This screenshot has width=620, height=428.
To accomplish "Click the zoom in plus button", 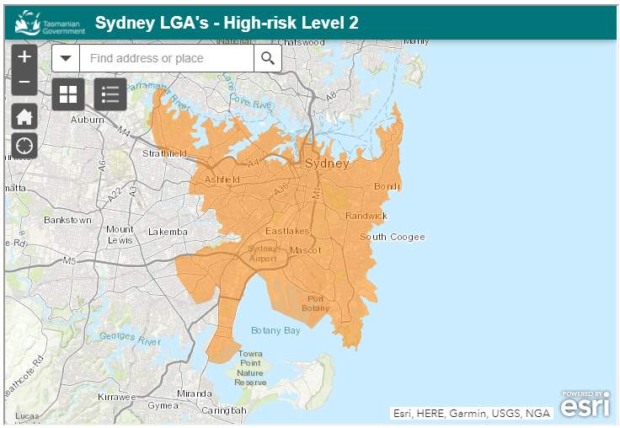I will coord(24,57).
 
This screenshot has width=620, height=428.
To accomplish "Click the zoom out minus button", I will coord(24,83).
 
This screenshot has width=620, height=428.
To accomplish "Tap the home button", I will coord(24,117).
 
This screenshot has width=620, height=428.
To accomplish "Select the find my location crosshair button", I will coord(24,145).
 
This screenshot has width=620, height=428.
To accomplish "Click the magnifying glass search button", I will coord(268,58).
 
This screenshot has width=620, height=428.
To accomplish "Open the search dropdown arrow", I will coord(66,58).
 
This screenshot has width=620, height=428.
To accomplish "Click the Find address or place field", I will coord(167,58).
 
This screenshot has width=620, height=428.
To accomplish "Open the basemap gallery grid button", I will coord(68,94).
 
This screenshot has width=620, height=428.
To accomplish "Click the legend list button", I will coord(110,94).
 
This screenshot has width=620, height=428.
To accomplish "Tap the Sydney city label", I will coord(327,163).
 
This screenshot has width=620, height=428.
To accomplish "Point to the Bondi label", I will coord(387,185).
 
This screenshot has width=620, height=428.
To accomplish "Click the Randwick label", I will coord(366,216).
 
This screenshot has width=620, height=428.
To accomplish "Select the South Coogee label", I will coord(393,237).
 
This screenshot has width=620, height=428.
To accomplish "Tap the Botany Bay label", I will coord(275,330).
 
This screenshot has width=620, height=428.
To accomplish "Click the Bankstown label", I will coord(68,220).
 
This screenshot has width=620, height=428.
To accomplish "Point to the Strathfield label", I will coord(164,153).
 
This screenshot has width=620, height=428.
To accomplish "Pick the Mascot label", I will coord(305,251).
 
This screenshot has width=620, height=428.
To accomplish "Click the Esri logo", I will coord(585,404).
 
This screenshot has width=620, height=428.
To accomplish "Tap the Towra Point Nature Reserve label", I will coord(250,368).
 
